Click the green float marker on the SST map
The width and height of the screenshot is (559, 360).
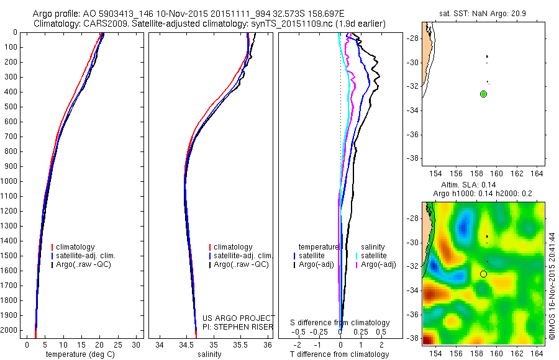click(483, 94)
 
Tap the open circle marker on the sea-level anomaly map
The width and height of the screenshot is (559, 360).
click(483, 273)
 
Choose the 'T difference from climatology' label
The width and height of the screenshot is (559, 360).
click(340, 354)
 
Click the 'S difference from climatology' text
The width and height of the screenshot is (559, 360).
click(340, 323)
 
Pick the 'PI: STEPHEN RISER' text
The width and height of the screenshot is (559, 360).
click(239, 326)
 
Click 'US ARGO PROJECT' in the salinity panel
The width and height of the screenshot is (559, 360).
click(239, 318)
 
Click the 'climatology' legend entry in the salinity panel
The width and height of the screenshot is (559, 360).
click(233, 247)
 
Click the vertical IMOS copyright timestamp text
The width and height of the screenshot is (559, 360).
click(551, 286)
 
